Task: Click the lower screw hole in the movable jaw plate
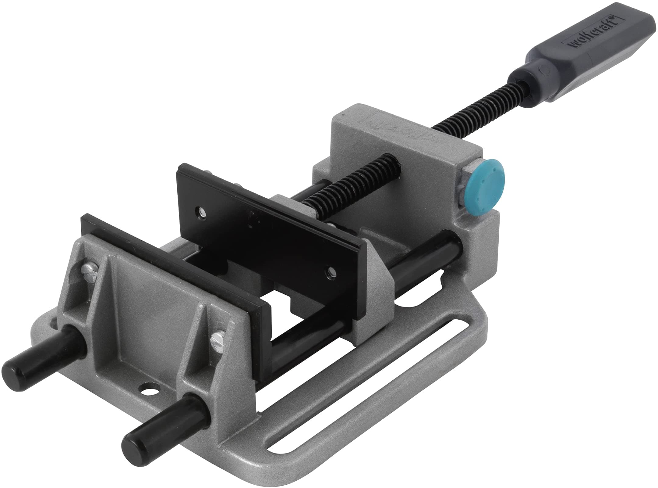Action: coord(331,271)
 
